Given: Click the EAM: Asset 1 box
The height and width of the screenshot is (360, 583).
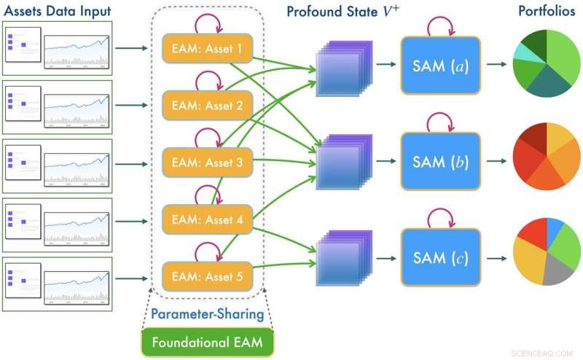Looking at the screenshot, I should [206, 50].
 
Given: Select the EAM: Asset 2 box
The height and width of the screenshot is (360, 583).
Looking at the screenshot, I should [206, 106].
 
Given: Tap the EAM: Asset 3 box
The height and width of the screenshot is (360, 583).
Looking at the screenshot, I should [206, 163].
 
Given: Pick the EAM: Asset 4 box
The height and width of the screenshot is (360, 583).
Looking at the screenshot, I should [206, 219].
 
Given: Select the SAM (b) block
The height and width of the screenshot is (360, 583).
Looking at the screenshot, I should [440, 162].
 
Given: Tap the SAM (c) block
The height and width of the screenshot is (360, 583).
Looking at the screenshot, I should [440, 258].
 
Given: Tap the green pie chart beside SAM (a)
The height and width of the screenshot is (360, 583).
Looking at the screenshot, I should [546, 64].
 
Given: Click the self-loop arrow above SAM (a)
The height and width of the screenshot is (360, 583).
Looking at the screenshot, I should [440, 26].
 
